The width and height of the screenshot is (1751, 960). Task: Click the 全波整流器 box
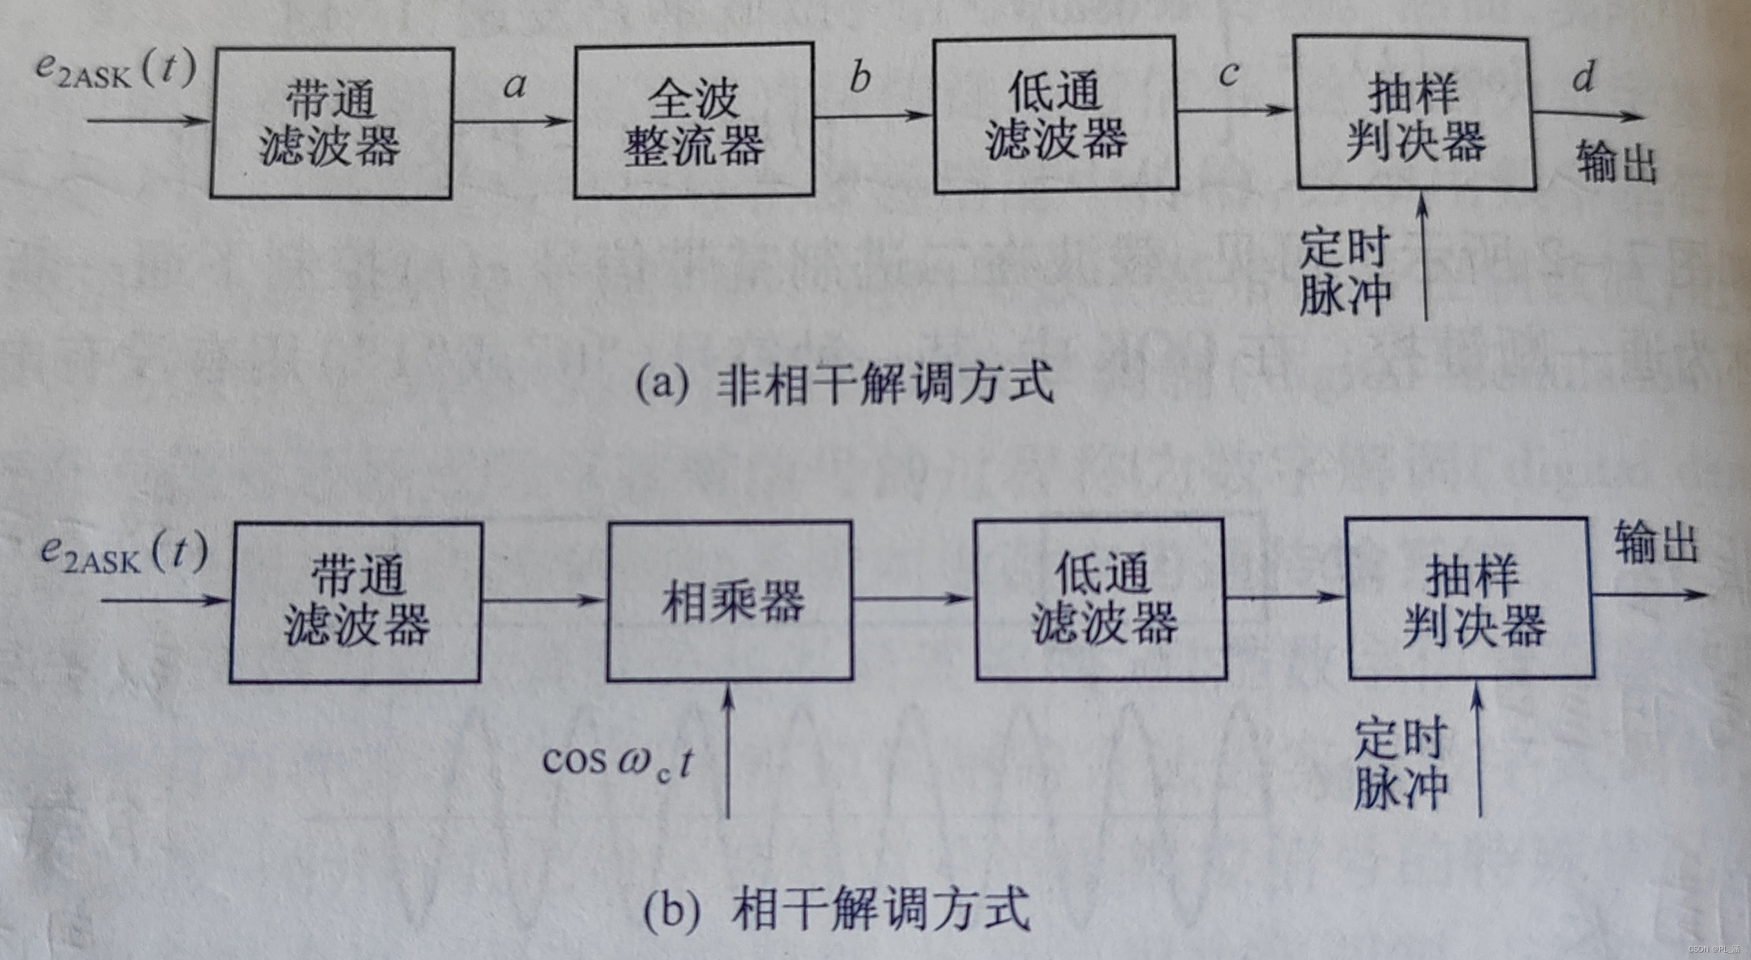coord(694,121)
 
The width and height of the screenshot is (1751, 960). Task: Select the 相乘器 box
coord(730,601)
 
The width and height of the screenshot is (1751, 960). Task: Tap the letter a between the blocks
coord(514,85)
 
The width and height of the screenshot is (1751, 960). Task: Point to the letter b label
coord(860,77)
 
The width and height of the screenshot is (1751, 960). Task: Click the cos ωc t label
coord(617,763)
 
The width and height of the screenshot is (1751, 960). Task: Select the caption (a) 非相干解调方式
coord(844,384)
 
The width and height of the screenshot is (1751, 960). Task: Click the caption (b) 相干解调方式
coord(836,909)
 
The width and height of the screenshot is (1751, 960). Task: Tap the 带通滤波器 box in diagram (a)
coord(331,123)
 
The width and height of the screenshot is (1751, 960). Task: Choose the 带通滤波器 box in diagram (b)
coord(356,603)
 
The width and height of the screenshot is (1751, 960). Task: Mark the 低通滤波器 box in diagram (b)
coord(1100,600)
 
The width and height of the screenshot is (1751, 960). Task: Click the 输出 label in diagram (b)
coord(1655,543)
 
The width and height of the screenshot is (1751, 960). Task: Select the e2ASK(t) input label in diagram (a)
coord(116,71)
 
